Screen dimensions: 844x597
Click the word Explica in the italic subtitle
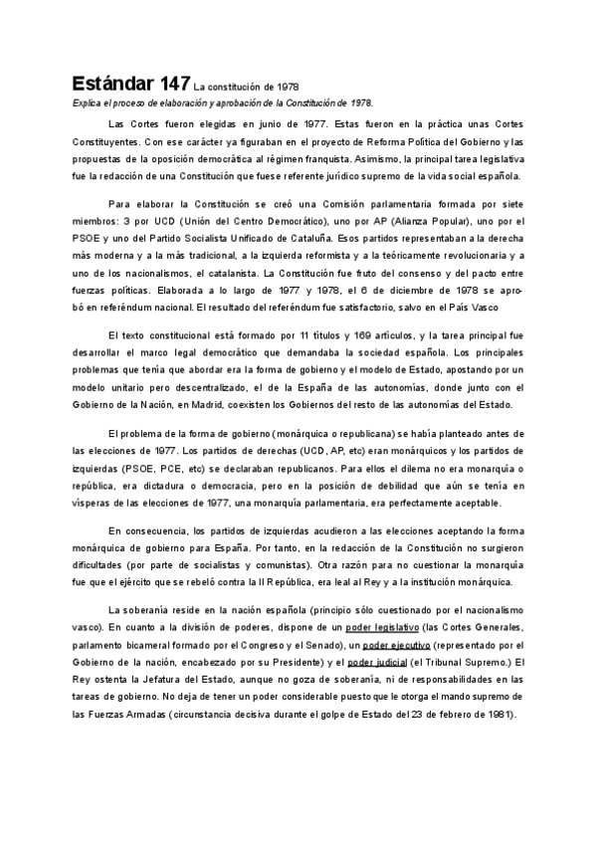point(86,103)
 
